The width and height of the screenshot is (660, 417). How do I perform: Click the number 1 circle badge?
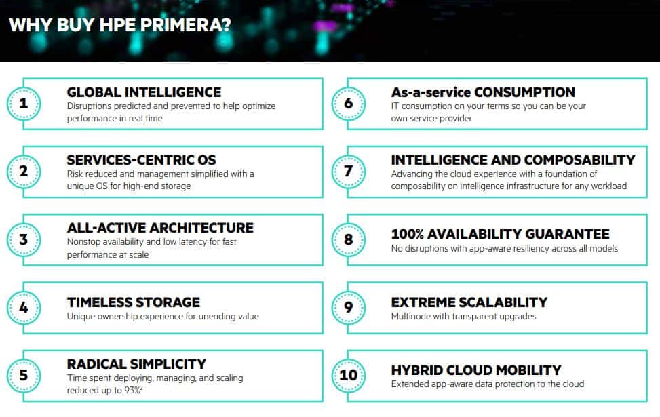[x=24, y=104]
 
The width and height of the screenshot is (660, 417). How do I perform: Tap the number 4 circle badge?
[x=24, y=308]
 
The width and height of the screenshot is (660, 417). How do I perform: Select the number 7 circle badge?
[x=348, y=172]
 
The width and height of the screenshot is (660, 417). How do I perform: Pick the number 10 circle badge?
[x=348, y=376]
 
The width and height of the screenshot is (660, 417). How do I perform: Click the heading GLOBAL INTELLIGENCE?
[x=144, y=92]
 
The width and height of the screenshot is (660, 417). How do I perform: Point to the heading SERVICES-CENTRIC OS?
[x=141, y=160]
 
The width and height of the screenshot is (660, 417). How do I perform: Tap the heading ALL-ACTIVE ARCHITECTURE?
[x=160, y=228]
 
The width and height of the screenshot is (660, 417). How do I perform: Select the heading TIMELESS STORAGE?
[x=134, y=302]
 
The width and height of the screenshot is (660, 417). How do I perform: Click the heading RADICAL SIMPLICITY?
[x=137, y=364]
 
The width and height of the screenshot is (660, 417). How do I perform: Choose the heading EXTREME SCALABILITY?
[x=469, y=302]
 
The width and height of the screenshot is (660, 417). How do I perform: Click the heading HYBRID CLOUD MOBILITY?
[x=476, y=370]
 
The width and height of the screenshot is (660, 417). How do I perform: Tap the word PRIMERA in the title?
[x=186, y=25]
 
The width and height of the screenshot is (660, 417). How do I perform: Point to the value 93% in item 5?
[x=133, y=390]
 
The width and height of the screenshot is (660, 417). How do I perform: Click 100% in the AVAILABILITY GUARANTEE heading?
[x=408, y=233]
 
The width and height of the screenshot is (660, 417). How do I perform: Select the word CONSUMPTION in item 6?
[x=525, y=92]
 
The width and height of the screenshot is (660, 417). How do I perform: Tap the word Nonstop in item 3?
[x=83, y=241]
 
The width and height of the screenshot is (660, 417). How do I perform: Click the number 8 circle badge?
[x=348, y=239]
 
